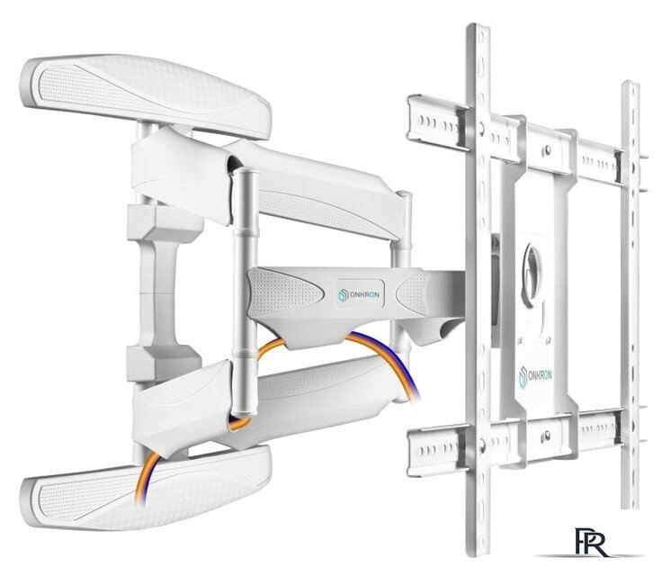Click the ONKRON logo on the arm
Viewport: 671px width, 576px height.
click(x=358, y=294)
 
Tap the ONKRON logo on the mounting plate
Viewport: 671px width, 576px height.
click(x=535, y=377)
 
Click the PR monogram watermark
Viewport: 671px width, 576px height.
click(x=592, y=542)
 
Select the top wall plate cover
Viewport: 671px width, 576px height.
click(x=146, y=95)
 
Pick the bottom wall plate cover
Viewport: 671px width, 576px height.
click(x=146, y=488)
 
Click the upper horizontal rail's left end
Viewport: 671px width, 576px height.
click(x=413, y=119)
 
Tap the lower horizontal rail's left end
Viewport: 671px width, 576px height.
click(x=413, y=453)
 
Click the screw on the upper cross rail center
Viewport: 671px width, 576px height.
click(x=547, y=150)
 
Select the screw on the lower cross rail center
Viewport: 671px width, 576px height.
click(x=546, y=436)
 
